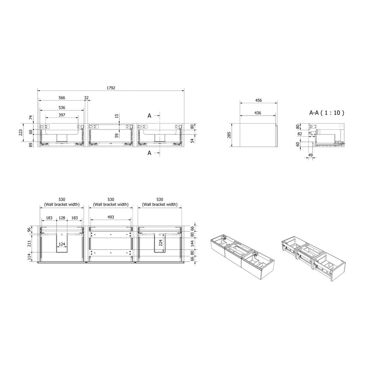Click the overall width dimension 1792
[x=111, y=88]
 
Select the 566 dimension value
[x=62, y=98]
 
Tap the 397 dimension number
[x=62, y=115]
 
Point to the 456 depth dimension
[x=259, y=100]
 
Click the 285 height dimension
[x=229, y=135]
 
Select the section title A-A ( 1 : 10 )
[x=327, y=113]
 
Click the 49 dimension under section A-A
[x=310, y=155]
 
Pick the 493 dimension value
[x=111, y=217]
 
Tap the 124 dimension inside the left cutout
[x=62, y=244]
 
